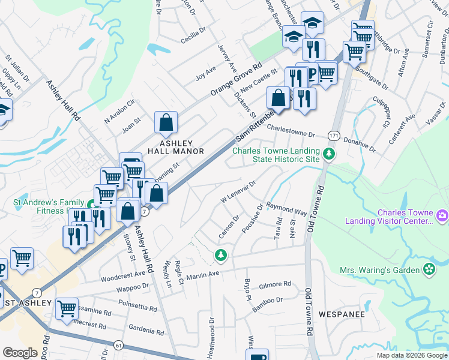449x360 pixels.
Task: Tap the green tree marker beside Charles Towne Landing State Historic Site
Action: (328, 155)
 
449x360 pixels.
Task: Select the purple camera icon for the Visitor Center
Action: (442, 215)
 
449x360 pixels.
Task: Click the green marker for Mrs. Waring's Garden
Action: (430, 270)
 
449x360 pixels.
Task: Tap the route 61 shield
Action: (118, 345)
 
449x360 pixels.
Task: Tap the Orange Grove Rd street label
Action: (237, 79)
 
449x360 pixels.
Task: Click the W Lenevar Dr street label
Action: (239, 190)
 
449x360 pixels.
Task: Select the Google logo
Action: (20, 353)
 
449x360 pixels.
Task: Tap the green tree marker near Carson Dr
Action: (221, 255)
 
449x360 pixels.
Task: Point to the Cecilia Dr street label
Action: (193, 41)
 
